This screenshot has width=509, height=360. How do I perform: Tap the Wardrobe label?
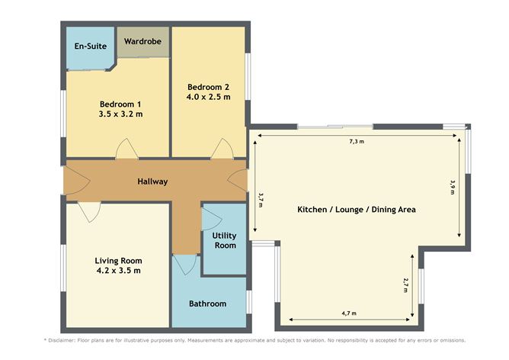tap(143, 40)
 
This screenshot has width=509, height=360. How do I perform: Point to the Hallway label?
tap(152, 182)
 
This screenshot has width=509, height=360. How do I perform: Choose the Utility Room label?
tap(225, 240)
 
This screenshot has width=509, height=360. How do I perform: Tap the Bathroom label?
tap(208, 304)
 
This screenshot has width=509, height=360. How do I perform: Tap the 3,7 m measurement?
tap(261, 198)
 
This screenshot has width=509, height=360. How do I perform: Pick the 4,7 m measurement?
tap(349, 313)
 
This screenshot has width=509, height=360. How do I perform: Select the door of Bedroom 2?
tap(222, 149)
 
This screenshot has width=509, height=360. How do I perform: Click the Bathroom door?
tap(184, 265)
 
